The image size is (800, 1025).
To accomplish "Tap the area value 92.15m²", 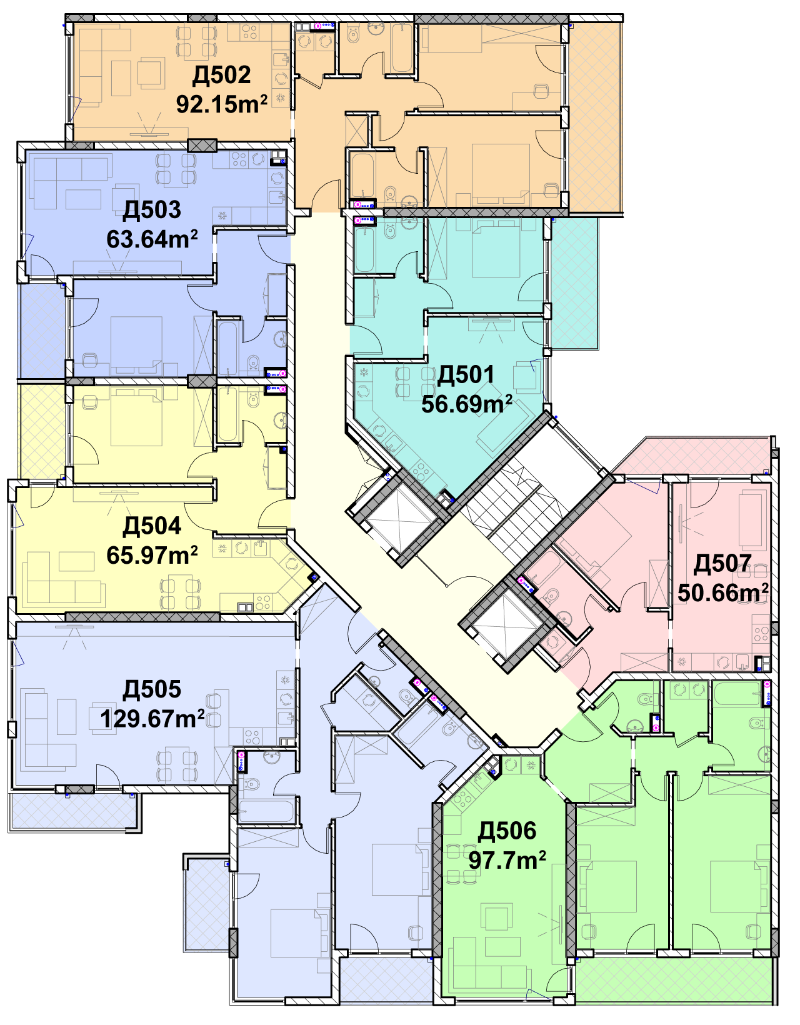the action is [222, 104].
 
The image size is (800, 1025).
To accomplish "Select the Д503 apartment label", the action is [151, 211].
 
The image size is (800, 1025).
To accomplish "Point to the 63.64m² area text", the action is [152, 239].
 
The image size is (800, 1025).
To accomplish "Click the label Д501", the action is [466, 374].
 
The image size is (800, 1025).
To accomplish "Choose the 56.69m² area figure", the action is [466, 403].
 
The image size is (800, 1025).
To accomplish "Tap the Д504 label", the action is [151, 526].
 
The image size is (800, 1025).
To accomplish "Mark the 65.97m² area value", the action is [152, 555].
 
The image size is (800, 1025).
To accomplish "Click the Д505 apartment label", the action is [151, 689].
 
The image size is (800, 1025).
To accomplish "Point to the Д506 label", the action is [507, 831].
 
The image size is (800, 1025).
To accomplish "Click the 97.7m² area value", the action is [507, 860].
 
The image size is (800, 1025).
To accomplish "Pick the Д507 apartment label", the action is [722, 564].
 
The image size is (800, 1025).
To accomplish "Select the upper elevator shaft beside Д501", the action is [399, 518].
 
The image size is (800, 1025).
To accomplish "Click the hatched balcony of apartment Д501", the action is [574, 282].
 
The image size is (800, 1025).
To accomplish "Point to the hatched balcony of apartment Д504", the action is [41, 431].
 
